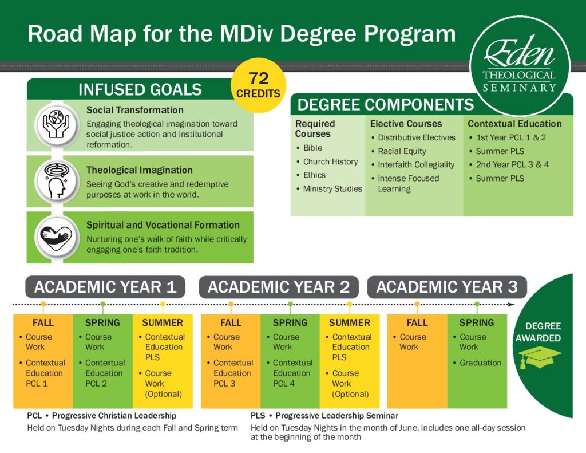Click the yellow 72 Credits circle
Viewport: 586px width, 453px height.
tap(258, 85)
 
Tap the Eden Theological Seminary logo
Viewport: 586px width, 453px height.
tap(520, 66)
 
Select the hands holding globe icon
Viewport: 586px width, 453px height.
tap(57, 125)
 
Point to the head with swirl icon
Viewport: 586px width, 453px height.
tap(57, 181)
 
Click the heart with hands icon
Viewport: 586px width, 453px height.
tap(57, 237)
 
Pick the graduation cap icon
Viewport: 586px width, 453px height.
tap(540, 357)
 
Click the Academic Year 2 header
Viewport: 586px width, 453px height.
tap(279, 287)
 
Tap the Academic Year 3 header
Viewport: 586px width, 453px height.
tap(447, 287)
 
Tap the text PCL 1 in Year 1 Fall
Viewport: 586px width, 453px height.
tap(37, 384)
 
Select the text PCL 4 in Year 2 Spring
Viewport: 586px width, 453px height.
tap(284, 384)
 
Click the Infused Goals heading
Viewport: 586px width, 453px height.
tap(140, 90)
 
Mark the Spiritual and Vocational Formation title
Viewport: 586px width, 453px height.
tap(163, 225)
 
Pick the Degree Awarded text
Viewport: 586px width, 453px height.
tap(539, 332)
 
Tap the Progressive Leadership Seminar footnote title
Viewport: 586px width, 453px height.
tap(324, 416)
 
